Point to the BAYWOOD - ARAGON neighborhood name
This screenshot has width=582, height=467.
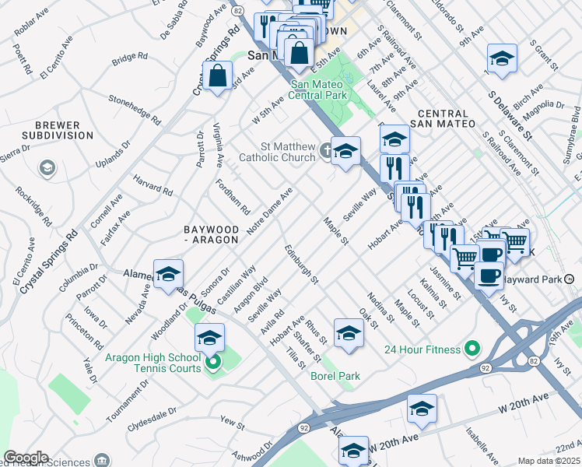[x=210, y=234]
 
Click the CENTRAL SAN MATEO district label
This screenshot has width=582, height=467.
[x=445, y=118]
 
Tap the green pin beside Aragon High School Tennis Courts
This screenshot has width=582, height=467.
[x=212, y=362]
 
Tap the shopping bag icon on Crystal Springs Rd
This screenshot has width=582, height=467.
[x=219, y=76]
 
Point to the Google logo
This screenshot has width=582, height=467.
[x=26, y=458]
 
